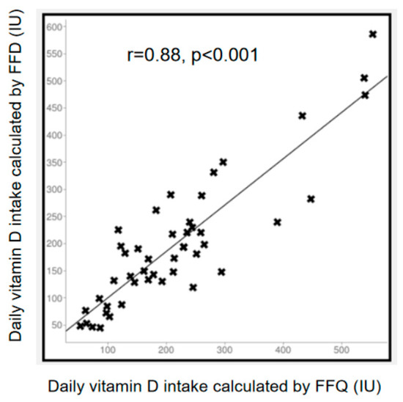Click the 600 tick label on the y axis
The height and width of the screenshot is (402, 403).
[54, 27]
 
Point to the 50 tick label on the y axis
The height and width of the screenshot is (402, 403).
[56, 325]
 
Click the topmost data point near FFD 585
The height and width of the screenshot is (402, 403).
[372, 34]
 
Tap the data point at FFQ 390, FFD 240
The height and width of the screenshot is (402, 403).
[277, 222]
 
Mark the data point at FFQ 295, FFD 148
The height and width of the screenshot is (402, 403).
[221, 271]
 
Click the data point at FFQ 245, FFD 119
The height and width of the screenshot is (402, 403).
[193, 288]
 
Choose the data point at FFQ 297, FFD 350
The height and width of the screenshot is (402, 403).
[223, 162]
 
